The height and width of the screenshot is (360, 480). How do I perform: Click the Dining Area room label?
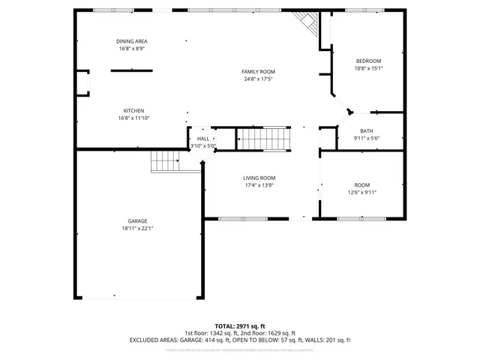(x=131, y=40)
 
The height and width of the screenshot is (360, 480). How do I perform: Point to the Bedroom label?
(x=368, y=61)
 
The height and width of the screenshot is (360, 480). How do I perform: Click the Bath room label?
(x=366, y=130)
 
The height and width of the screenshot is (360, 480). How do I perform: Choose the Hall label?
(x=203, y=139)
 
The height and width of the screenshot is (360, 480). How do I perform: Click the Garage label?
(x=137, y=221)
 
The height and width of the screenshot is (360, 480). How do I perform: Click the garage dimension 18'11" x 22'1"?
(x=137, y=229)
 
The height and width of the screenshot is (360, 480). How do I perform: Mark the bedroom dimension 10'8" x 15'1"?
(x=368, y=68)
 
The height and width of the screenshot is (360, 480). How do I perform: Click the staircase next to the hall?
(x=263, y=139)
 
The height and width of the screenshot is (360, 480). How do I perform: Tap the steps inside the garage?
(x=166, y=160)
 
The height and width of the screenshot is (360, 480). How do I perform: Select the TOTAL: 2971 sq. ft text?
(x=240, y=326)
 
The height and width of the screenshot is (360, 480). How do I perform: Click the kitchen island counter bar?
(x=132, y=70)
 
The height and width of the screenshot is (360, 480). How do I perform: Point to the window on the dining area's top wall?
(x=112, y=10)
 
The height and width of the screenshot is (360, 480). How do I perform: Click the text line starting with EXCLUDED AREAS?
(x=240, y=340)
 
